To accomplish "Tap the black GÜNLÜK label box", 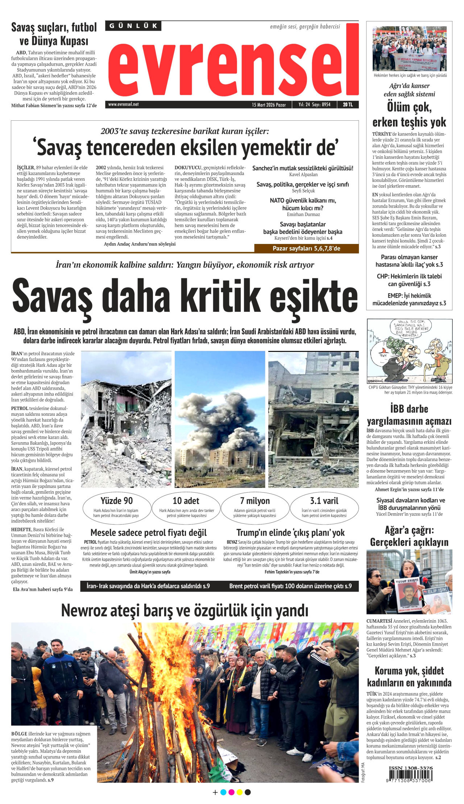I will (133, 26).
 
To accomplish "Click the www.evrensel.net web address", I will (123, 104).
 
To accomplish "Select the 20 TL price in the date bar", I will (348, 104).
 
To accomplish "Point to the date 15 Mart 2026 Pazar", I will (269, 105).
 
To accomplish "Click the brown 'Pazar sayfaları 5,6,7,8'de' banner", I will (306, 248).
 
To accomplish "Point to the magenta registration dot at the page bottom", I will (231, 792).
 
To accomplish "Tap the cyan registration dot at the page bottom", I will (223, 792).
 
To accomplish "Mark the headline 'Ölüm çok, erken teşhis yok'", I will (409, 115).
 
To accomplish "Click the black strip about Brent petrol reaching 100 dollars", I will (290, 586).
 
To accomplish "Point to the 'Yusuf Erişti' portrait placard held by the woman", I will (407, 594).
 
